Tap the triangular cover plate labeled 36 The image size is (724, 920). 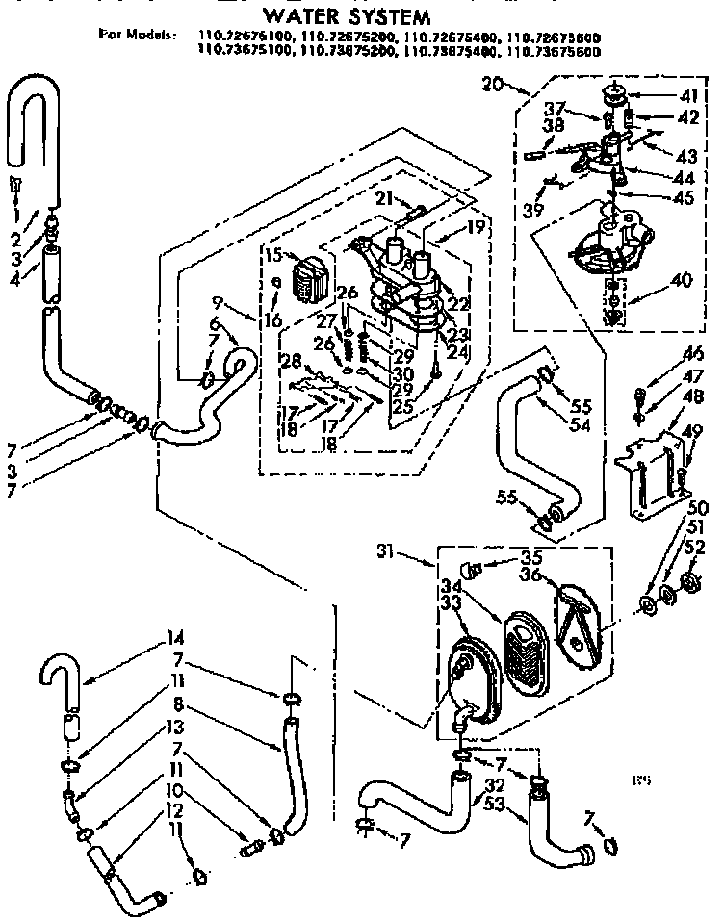pos(579,620)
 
